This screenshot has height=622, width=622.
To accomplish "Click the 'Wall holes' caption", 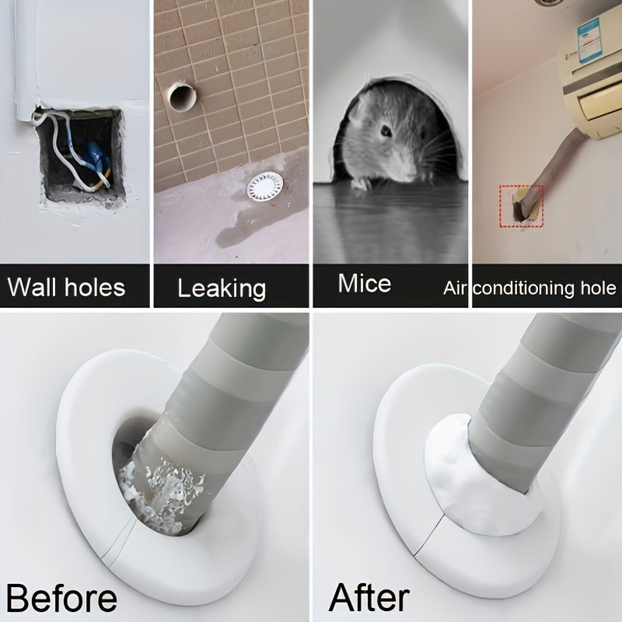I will tap(66, 287).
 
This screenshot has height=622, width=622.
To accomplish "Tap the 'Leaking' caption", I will tap(222, 288).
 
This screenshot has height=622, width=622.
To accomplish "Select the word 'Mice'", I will tap(364, 283).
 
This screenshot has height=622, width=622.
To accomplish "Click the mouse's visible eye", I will tap(386, 131).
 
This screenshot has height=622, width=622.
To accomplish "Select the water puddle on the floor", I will tap(237, 229).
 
